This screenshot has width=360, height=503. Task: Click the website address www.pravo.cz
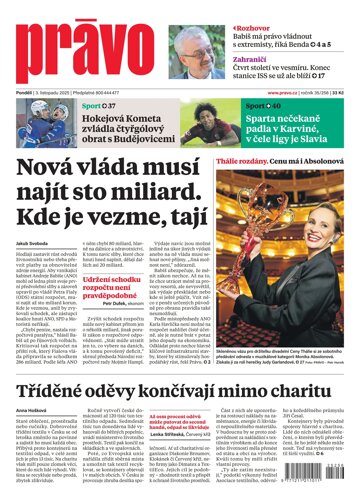(x=288, y=95)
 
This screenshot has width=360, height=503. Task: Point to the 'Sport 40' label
(x=255, y=106)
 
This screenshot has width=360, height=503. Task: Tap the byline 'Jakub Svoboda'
(x=34, y=241)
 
